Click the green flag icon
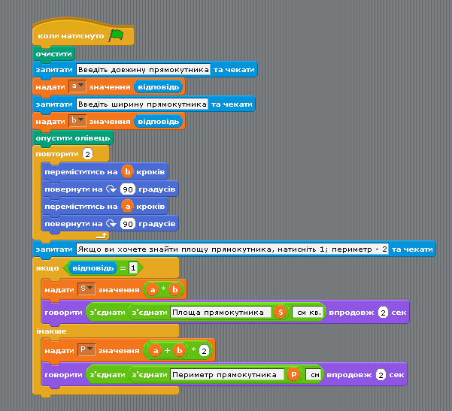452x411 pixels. (x=116, y=36)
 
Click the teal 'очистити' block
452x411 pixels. (x=54, y=54)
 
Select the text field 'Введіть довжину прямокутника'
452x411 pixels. (x=143, y=70)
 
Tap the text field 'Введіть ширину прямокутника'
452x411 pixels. (x=142, y=104)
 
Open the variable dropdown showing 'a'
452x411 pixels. (x=77, y=86)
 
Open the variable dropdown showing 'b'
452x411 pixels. (x=77, y=121)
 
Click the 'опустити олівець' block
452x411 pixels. (x=73, y=138)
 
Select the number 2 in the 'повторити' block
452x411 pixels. (x=88, y=154)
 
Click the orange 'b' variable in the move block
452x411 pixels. (x=127, y=171)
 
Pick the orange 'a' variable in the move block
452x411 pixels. (x=127, y=206)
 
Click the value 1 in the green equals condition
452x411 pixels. (x=133, y=268)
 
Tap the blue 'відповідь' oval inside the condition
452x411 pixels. (x=93, y=268)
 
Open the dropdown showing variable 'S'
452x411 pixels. (x=86, y=289)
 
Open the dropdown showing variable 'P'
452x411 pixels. (x=86, y=349)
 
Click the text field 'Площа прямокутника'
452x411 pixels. (x=221, y=313)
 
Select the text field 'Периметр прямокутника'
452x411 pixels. (x=227, y=375)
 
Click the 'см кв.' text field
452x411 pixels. (x=308, y=313)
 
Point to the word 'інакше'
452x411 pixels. (x=51, y=331)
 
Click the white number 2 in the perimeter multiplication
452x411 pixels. (x=204, y=351)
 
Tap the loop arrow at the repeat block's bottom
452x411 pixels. (x=102, y=236)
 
